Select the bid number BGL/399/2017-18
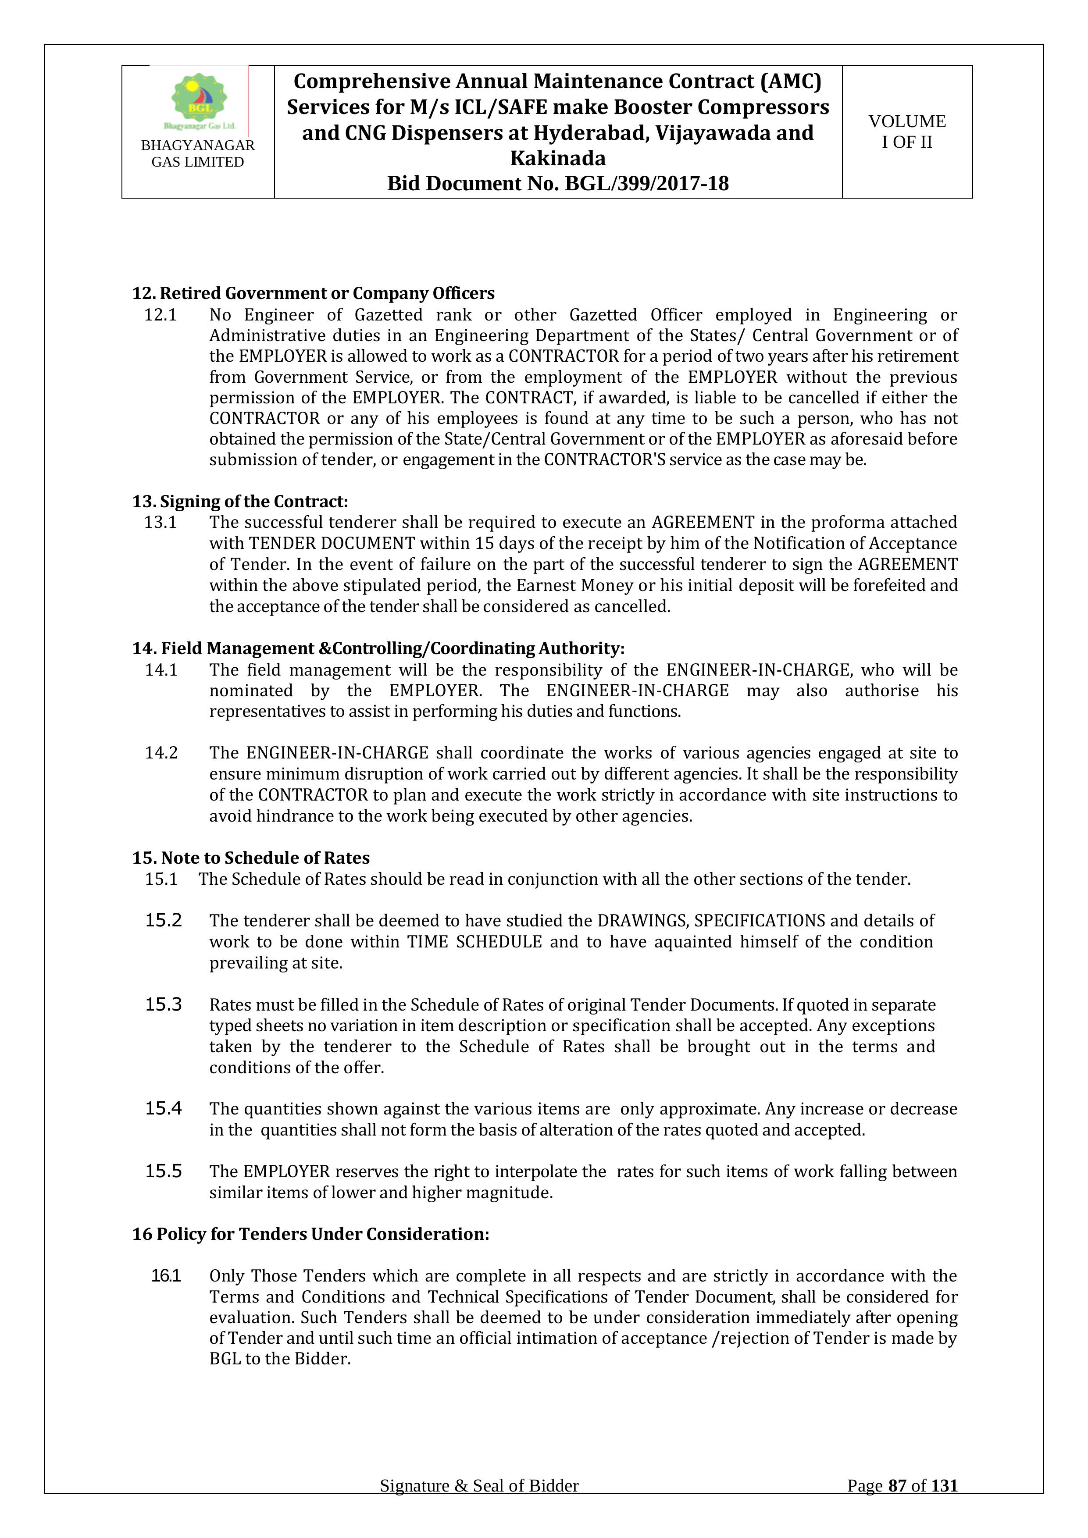[x=646, y=184]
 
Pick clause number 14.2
[x=161, y=753]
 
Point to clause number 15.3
[x=164, y=1005]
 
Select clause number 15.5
[x=164, y=1171]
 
